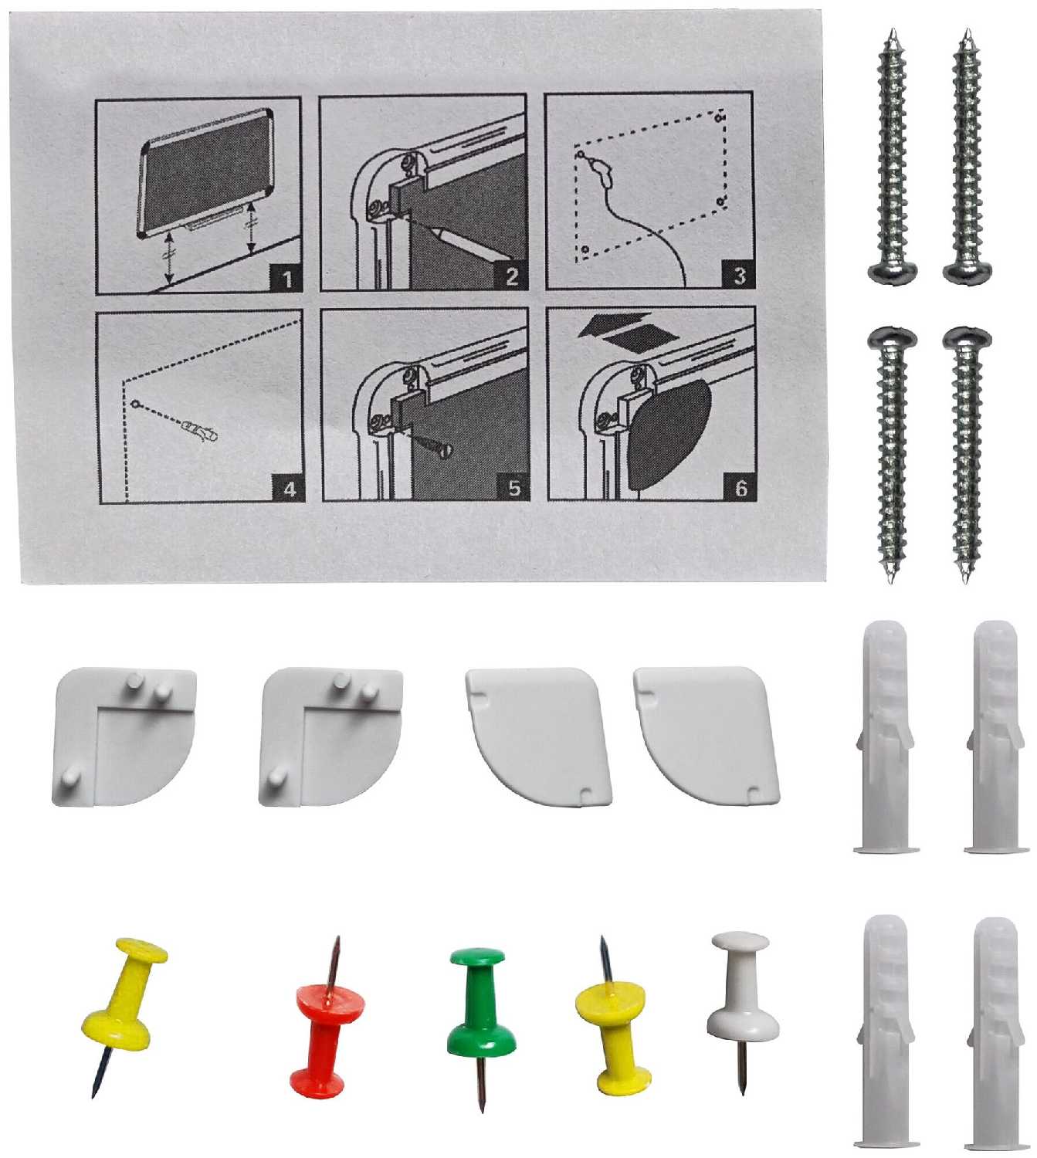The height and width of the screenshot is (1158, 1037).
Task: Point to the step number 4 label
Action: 290,489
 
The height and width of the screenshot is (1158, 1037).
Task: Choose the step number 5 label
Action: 514,487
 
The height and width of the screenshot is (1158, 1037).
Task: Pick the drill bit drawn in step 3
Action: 599,169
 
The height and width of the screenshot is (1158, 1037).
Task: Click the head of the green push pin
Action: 476,958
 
